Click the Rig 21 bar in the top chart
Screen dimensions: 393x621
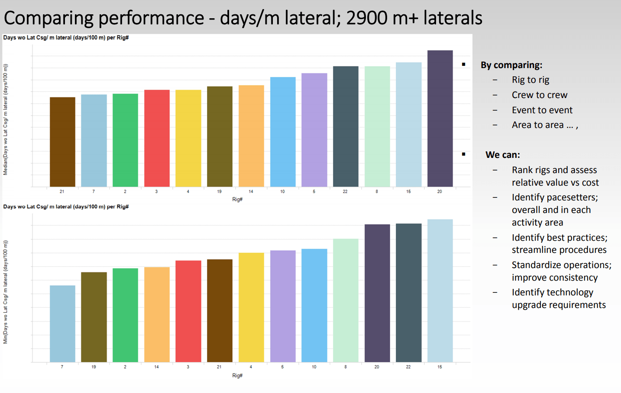[x=62, y=142]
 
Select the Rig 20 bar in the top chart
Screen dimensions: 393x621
[x=440, y=118]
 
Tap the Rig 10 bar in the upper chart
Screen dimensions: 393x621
[x=283, y=132]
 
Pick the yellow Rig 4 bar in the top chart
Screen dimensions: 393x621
[x=188, y=138]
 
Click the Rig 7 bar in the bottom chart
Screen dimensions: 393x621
[x=62, y=324]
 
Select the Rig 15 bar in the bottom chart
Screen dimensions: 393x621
[x=440, y=291]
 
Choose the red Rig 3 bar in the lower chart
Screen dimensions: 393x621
[x=188, y=311]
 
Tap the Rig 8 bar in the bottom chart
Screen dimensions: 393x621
[x=346, y=300]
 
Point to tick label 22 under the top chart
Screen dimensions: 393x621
[x=345, y=191]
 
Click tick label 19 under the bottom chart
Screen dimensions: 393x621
[x=94, y=367]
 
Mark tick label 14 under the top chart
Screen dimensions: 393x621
[x=251, y=191]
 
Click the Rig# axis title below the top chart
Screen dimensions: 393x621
[x=237, y=200]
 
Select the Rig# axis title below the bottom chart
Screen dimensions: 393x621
[x=237, y=376]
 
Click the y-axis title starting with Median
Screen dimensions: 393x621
[x=6, y=120]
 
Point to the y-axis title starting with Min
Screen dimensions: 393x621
[x=6, y=292]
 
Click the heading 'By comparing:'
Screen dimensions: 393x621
[x=511, y=65]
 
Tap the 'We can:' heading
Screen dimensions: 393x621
[x=503, y=155]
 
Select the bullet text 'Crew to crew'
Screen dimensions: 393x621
[x=539, y=95]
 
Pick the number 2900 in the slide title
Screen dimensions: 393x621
[x=367, y=18]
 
